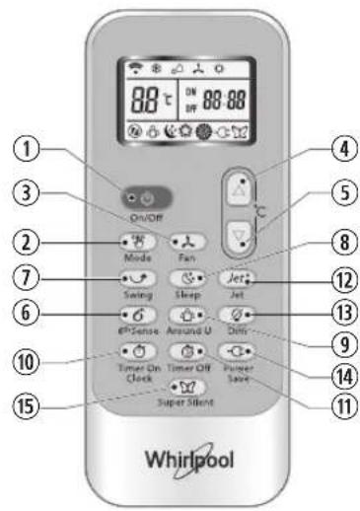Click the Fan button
click(x=184, y=242)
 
